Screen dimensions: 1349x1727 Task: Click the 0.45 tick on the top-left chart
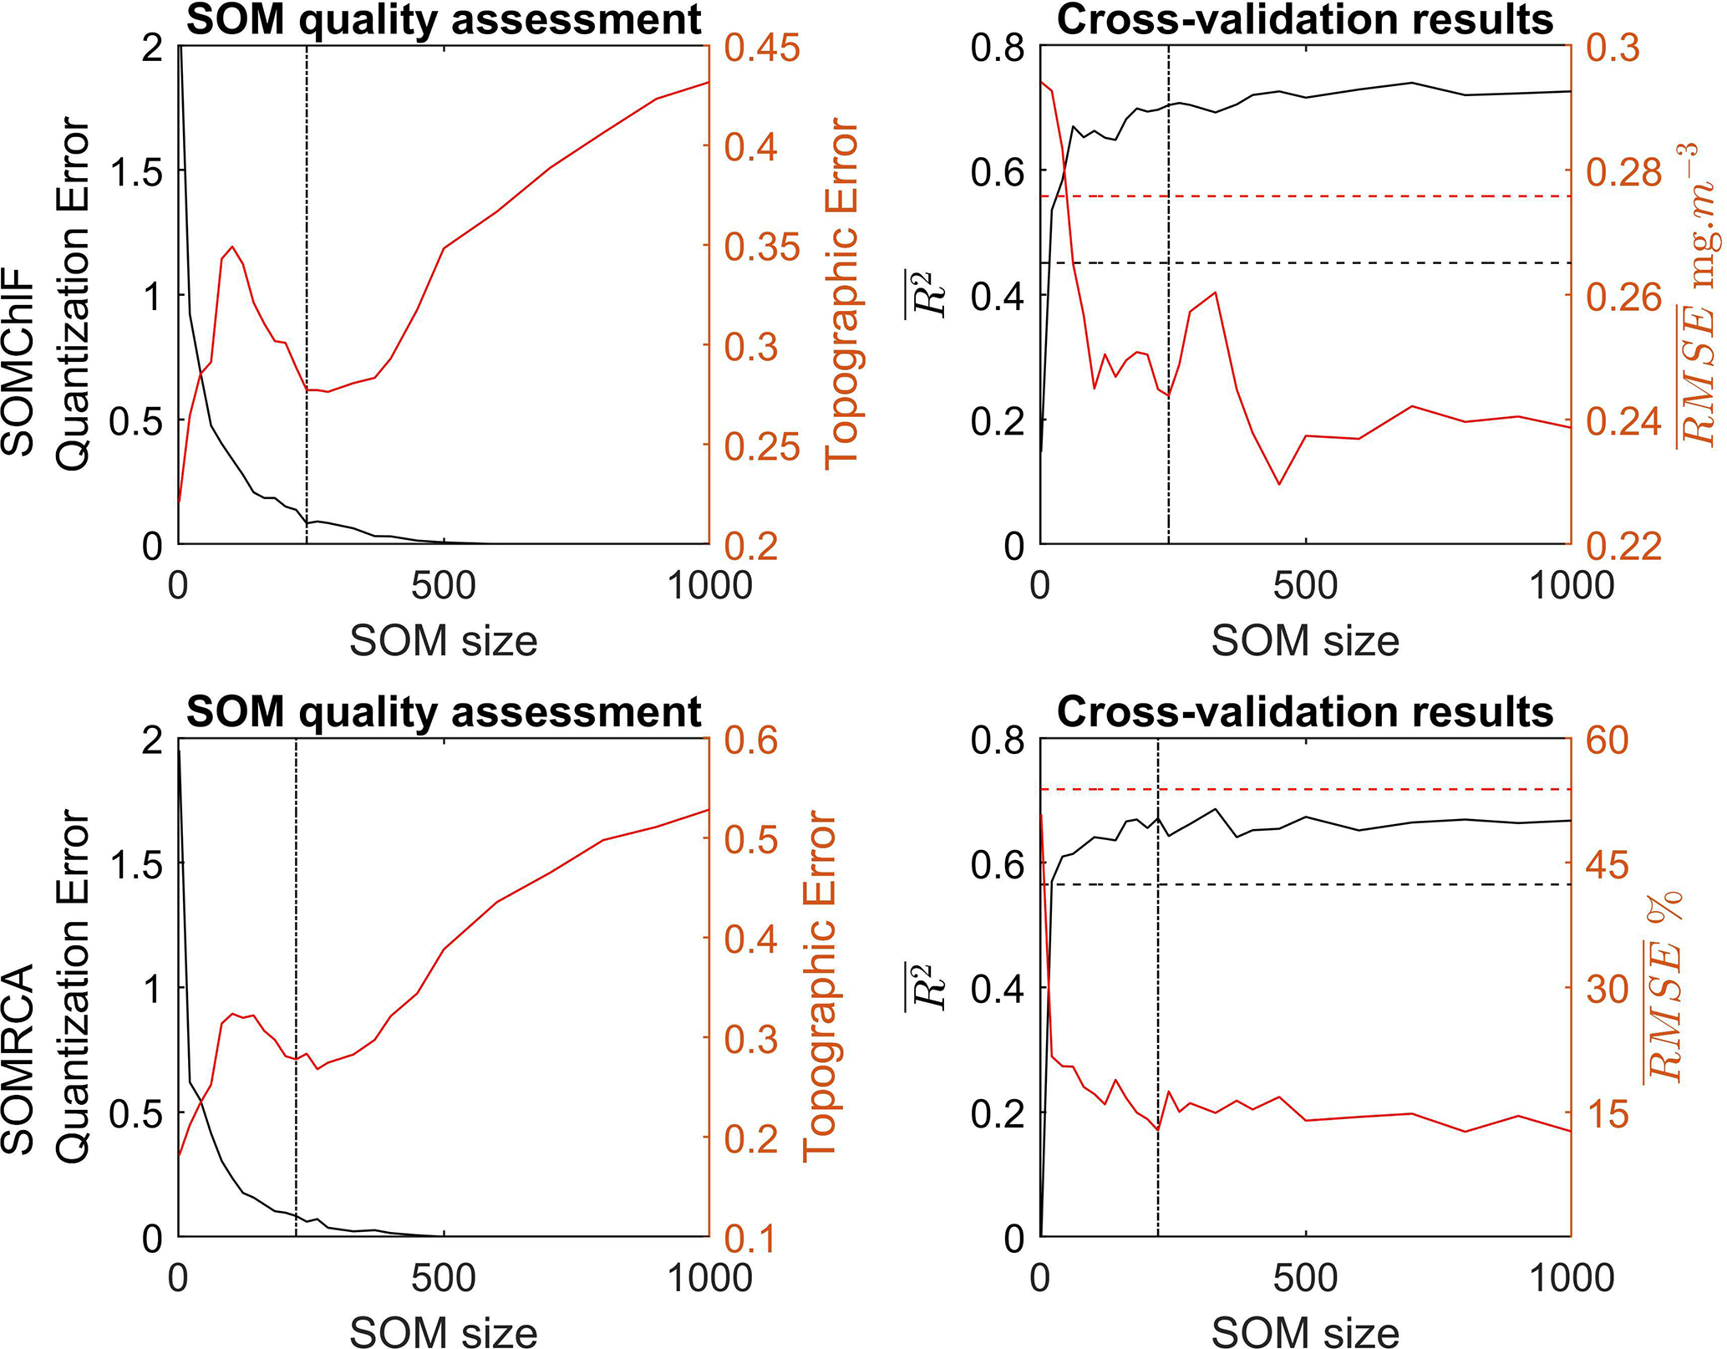pyautogui.click(x=761, y=48)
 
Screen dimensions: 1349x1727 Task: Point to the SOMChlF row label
pyautogui.click(x=18, y=361)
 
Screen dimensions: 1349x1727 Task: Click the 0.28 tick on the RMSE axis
pyautogui.click(x=1624, y=172)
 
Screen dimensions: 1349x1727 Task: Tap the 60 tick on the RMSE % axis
pyautogui.click(x=1607, y=741)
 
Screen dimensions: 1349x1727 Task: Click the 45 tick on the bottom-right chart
pyautogui.click(x=1607, y=865)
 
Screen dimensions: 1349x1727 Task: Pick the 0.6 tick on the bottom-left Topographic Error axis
pyautogui.click(x=750, y=741)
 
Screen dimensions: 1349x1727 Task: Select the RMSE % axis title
pyautogui.click(x=1664, y=986)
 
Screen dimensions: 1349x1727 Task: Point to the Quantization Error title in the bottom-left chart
pyautogui.click(x=74, y=986)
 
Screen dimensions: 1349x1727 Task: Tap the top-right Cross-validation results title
pyautogui.click(x=1305, y=20)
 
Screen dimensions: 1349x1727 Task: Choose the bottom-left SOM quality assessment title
pyautogui.click(x=444, y=713)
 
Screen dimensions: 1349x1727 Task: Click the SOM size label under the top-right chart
pyautogui.click(x=1305, y=642)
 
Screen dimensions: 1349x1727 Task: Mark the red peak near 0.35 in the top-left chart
pyautogui.click(x=231, y=247)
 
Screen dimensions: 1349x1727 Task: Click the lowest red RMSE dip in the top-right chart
pyautogui.click(x=1279, y=484)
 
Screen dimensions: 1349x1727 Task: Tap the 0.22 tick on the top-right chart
pyautogui.click(x=1624, y=546)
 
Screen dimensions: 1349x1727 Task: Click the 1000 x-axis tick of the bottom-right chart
pyautogui.click(x=1571, y=1277)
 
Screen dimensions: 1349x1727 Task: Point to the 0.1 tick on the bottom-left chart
pyautogui.click(x=750, y=1238)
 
